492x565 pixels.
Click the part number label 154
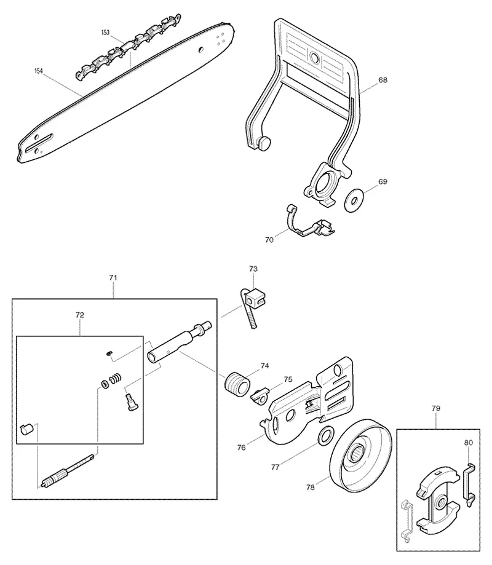[39, 71]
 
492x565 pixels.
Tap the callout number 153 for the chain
[105, 33]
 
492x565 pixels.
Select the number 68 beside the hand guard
[383, 80]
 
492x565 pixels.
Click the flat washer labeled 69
[354, 200]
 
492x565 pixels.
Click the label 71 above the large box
[113, 278]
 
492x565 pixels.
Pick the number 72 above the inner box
[80, 315]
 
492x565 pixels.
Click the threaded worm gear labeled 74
[237, 384]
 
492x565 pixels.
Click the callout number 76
[242, 447]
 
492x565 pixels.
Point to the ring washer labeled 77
[326, 435]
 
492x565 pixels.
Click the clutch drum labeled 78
[360, 456]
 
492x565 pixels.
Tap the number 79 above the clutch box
[436, 408]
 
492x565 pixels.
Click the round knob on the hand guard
[264, 143]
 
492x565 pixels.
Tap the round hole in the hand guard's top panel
[314, 57]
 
